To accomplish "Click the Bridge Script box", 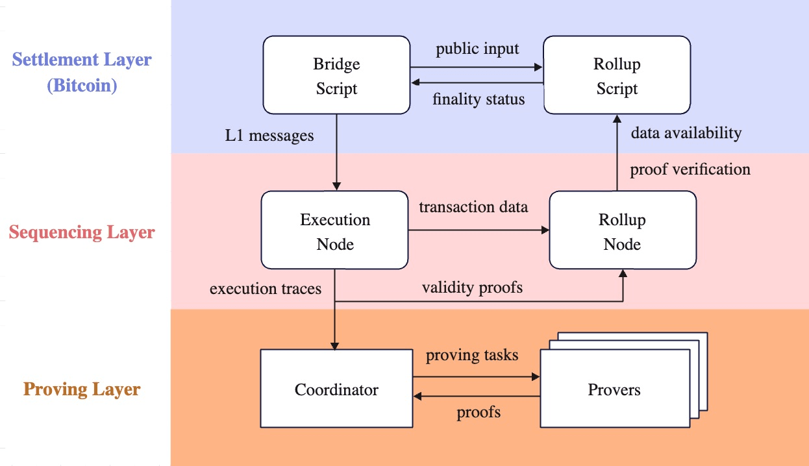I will tap(336, 76).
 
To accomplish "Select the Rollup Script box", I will tap(616, 76).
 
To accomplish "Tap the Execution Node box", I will tap(335, 232).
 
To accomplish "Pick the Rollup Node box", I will tap(622, 232).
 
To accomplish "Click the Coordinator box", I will tap(336, 389).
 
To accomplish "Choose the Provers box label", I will tap(614, 389).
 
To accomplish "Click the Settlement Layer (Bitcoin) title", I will tap(82, 72).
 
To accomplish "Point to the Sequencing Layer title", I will tap(82, 232).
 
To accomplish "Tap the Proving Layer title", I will tap(82, 389).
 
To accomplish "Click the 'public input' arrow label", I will tap(477, 49).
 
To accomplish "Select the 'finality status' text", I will tap(479, 100).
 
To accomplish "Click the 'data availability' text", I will tap(686, 132).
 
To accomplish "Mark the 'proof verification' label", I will tap(690, 169).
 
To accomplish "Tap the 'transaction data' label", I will tap(473, 207).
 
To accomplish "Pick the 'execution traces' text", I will tap(266, 288).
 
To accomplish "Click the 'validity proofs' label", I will tap(472, 287).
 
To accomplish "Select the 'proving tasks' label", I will tap(472, 356).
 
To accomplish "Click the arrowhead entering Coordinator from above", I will tap(335, 345).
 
